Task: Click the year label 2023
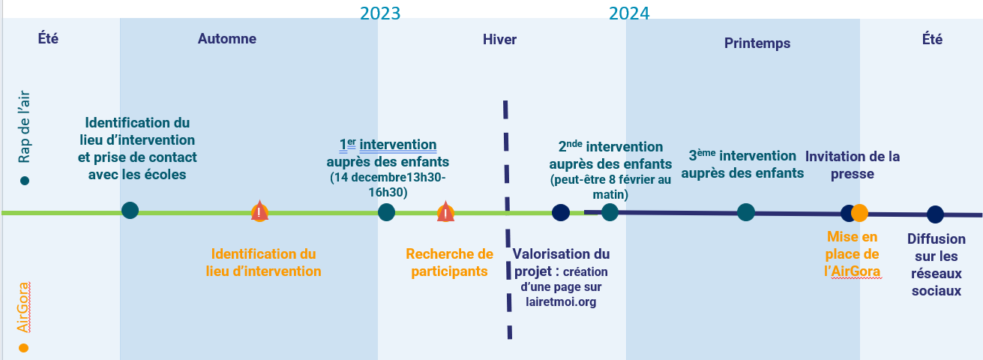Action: coord(380,13)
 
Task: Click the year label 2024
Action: coord(629,13)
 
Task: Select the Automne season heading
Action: coord(227,39)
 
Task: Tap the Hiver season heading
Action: coord(499,40)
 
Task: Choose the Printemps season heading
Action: coord(757,43)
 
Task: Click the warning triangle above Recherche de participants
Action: coord(445,211)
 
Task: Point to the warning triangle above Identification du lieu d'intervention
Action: coord(259,211)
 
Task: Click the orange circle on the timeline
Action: coord(859,213)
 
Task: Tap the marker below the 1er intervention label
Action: coord(386,212)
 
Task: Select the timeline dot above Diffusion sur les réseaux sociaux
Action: coord(935,214)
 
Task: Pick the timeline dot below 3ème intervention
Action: coord(745,212)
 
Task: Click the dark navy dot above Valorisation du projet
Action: coord(560,212)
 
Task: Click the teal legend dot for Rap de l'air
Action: coord(25,181)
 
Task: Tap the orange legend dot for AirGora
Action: coord(24,348)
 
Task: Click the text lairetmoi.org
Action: coord(561,302)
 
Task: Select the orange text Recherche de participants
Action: coord(449,262)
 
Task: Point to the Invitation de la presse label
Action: coord(853,165)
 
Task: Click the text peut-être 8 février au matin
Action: coord(610,187)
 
